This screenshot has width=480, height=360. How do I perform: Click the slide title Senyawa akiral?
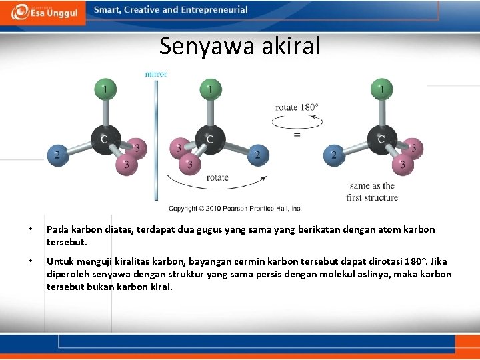click(x=239, y=46)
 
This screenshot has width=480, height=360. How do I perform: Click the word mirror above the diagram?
click(x=156, y=73)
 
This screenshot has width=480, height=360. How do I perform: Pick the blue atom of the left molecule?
click(x=58, y=155)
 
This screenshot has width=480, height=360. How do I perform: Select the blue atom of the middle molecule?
click(x=257, y=155)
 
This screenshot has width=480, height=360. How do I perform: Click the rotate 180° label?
click(x=297, y=107)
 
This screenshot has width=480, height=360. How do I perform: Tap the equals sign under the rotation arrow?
click(x=297, y=134)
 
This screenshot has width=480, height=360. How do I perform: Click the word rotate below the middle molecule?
click(x=217, y=177)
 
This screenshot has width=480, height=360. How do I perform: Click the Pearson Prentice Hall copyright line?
click(x=235, y=208)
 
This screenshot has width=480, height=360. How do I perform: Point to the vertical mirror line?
click(x=156, y=140)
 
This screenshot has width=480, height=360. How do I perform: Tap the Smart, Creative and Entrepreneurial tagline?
click(x=171, y=10)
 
